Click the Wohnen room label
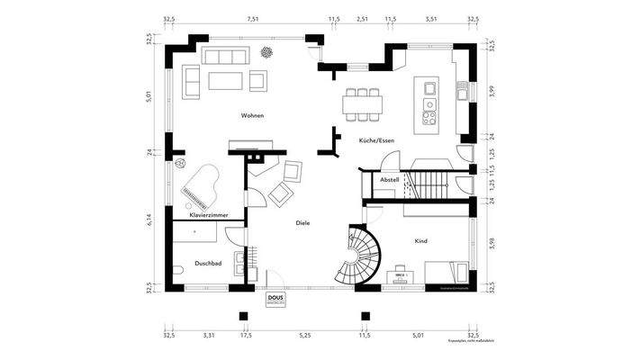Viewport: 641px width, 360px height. point(252,116)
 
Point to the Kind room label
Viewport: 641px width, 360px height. point(420,241)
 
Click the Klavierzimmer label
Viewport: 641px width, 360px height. point(208,216)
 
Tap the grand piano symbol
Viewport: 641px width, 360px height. point(196,182)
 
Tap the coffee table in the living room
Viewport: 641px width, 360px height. point(226,81)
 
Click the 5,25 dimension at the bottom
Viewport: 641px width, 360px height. point(305,335)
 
